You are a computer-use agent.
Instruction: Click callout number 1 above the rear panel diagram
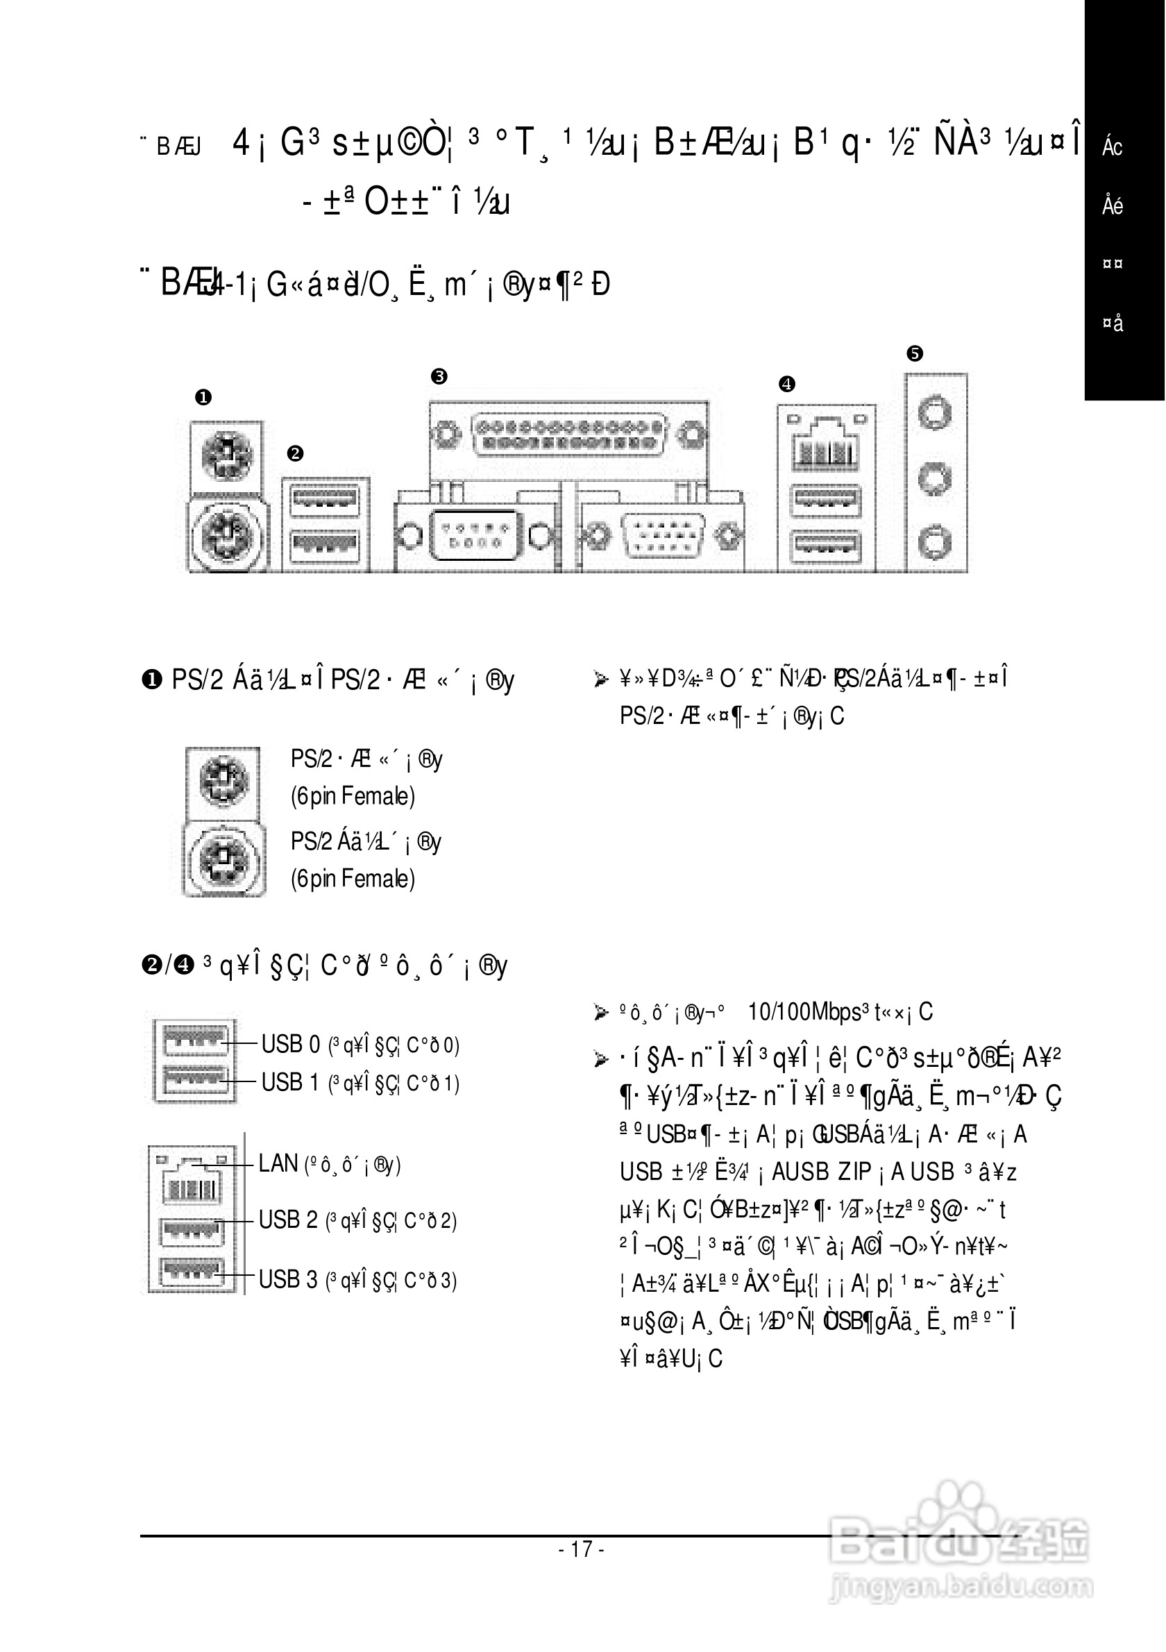coord(203,397)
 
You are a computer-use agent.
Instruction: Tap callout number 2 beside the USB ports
coord(295,453)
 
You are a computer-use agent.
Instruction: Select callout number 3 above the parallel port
coord(439,376)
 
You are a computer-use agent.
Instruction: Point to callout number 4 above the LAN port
coord(787,383)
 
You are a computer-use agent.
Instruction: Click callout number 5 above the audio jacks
coord(915,353)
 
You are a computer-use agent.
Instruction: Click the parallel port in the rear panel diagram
coord(568,434)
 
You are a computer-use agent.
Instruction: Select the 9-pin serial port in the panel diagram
coord(475,535)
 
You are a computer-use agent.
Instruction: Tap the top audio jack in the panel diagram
coord(935,414)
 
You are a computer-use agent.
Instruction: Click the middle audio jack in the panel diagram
coord(935,477)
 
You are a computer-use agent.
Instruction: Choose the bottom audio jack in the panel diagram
coord(935,540)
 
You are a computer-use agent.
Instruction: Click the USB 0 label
coord(290,1044)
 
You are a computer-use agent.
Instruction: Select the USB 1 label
coord(290,1082)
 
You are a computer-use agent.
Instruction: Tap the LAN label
coord(278,1163)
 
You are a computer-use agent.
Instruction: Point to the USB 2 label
coord(288,1220)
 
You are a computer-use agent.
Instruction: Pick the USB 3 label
coord(288,1279)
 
